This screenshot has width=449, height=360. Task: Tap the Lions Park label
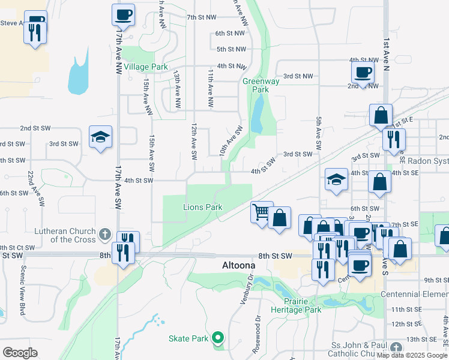(x=203, y=208)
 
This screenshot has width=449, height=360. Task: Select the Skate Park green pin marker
(x=218, y=338)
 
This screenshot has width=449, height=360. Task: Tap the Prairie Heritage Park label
(x=303, y=305)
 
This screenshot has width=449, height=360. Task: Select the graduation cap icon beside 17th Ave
(x=100, y=137)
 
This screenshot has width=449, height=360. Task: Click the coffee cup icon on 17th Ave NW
(x=123, y=14)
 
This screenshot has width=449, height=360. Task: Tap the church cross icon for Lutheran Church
(x=104, y=233)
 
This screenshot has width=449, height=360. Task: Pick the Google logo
(x=20, y=352)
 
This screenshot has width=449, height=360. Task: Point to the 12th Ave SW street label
(x=194, y=142)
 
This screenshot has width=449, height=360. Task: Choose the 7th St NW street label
(x=201, y=17)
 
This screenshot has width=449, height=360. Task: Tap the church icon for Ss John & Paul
(x=396, y=347)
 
